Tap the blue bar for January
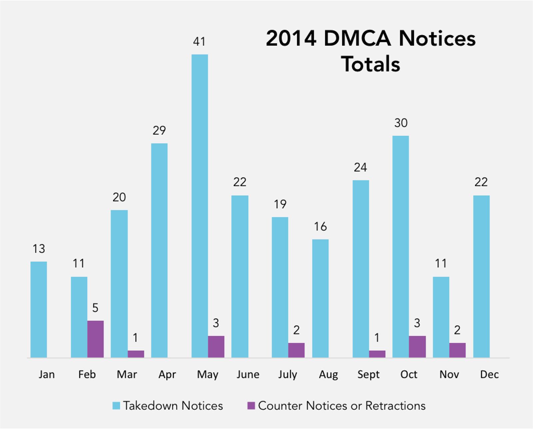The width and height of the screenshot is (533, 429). pos(39,309)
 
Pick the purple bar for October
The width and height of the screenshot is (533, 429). pos(417,346)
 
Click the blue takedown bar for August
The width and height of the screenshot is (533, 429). pos(320,298)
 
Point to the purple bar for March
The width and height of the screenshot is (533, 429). pos(136,354)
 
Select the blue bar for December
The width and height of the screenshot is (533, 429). pos(481,276)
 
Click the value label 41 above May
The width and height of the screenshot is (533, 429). pos(199,42)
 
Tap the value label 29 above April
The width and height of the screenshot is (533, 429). pos(159,130)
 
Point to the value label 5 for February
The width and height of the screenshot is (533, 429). pos(95,308)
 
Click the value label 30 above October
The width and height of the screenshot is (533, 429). pos(401,123)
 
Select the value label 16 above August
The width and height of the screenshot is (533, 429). pos(320,227)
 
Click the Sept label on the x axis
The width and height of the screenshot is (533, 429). pos(368,374)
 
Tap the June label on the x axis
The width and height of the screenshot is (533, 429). pos(248,374)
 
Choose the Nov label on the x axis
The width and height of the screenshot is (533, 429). pos(449,374)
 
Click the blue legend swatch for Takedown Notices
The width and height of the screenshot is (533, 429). pos(116,405)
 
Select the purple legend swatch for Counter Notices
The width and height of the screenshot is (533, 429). pos(251,405)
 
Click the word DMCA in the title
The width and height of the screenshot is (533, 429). pos(357,38)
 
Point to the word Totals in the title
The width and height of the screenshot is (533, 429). pos(370,64)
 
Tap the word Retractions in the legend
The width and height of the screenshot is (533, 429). pos(395,406)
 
